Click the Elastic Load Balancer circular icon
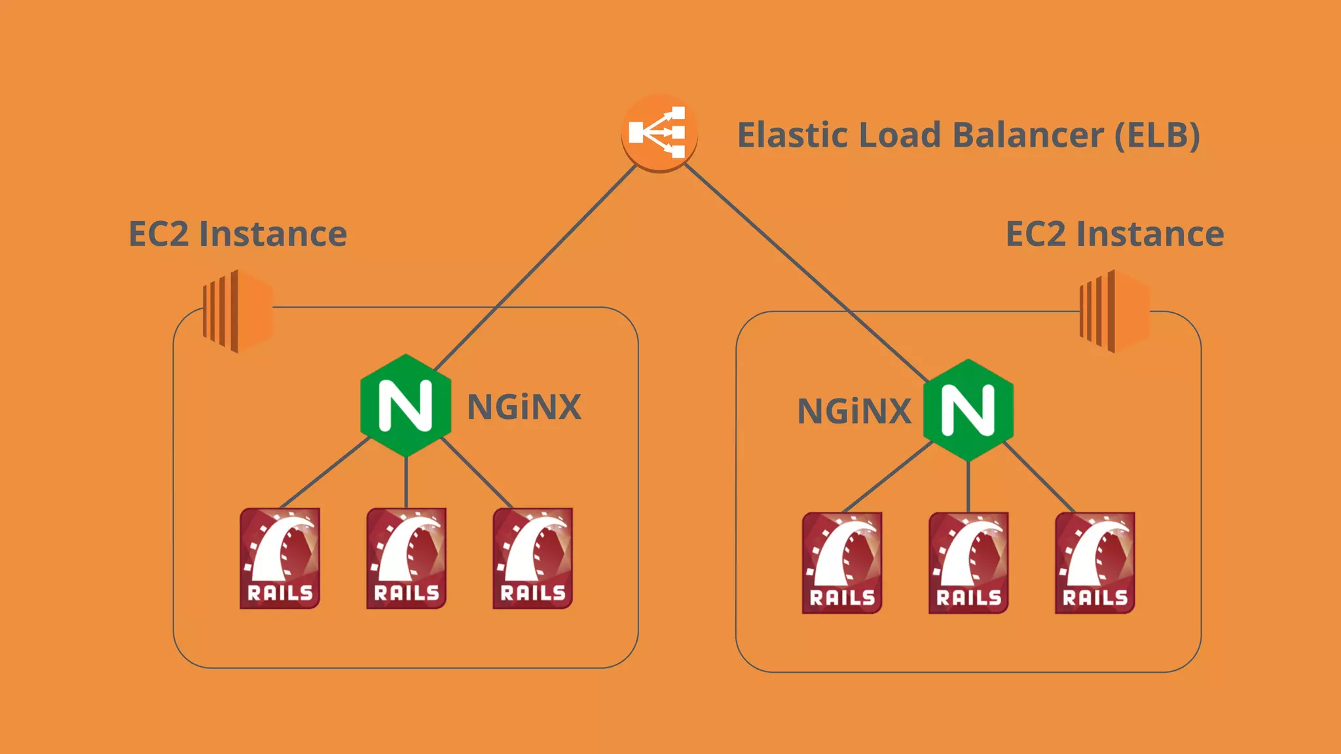(659, 133)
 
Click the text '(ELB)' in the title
(1157, 135)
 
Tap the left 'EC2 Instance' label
(238, 234)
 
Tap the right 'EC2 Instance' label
(1114, 234)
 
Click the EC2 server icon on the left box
(237, 312)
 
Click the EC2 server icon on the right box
(1114, 312)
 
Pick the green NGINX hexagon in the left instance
(406, 405)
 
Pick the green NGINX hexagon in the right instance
(968, 410)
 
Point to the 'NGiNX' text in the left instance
(524, 407)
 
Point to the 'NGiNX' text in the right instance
(854, 412)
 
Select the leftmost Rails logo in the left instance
(280, 558)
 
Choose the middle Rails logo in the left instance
(406, 558)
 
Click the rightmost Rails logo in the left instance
(532, 558)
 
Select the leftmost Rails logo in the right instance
(842, 563)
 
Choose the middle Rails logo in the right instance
(968, 563)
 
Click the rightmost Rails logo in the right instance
(1095, 563)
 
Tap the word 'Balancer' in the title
(1027, 135)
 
